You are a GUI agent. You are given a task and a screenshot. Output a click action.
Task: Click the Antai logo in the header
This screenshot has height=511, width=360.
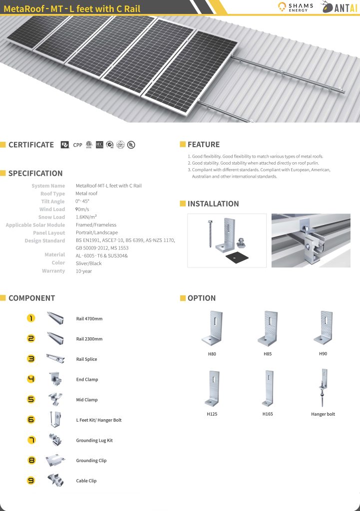click(339, 7)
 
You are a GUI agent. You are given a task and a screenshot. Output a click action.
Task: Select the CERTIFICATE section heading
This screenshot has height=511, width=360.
click(31, 145)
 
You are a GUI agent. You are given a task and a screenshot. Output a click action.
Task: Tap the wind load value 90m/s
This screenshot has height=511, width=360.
click(82, 210)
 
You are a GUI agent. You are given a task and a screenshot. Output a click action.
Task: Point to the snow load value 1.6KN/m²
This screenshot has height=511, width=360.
click(86, 218)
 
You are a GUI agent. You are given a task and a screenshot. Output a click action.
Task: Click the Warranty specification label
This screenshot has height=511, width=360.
click(53, 271)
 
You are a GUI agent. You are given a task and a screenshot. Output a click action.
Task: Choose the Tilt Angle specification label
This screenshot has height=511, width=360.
click(53, 202)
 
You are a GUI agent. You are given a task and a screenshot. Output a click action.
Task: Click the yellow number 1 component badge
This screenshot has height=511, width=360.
click(31, 318)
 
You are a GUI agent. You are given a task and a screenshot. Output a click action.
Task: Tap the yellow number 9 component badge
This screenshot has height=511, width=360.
click(31, 481)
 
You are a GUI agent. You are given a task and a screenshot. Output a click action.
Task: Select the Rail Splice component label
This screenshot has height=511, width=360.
click(86, 359)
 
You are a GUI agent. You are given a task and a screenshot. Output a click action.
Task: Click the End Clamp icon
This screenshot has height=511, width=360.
click(55, 379)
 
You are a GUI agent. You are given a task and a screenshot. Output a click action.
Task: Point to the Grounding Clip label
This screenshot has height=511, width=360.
click(91, 461)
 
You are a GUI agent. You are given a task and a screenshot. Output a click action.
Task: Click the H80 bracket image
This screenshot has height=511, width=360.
click(212, 329)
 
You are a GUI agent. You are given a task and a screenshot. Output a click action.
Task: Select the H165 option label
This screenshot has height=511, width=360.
click(268, 414)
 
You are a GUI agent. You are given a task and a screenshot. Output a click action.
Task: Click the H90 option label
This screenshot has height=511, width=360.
click(323, 354)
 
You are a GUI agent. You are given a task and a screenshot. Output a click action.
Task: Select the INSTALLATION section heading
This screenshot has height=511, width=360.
click(213, 204)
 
